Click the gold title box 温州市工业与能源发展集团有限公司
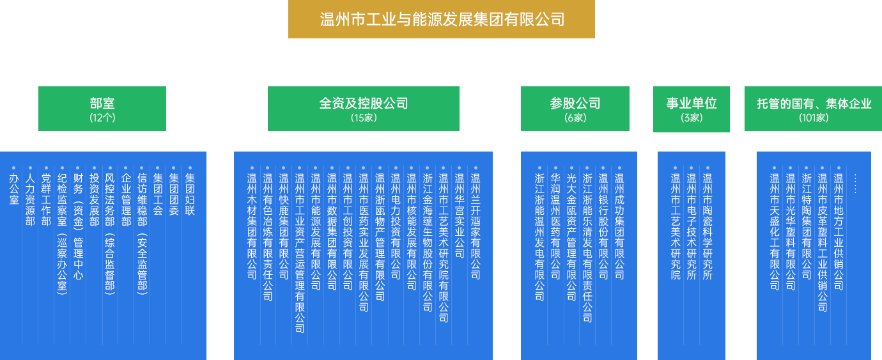pos(441,19)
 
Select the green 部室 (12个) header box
pos(102,108)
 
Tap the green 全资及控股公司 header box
pos(363,108)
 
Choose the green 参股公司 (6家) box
pos(575,108)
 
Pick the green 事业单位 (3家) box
pos(691,109)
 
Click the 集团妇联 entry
pos(190,194)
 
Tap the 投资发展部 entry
pos(94,200)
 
